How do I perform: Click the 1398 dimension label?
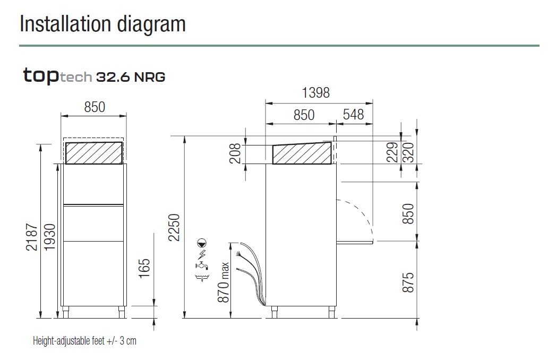(315, 93)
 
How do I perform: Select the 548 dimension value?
(354, 115)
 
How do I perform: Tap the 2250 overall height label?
(174, 227)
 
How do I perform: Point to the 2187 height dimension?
(31, 237)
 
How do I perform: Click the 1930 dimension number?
(49, 237)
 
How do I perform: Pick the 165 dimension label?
(144, 269)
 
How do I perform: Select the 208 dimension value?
(235, 153)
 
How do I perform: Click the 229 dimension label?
(392, 152)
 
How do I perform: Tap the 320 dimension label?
(408, 152)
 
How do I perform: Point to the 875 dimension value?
(408, 282)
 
